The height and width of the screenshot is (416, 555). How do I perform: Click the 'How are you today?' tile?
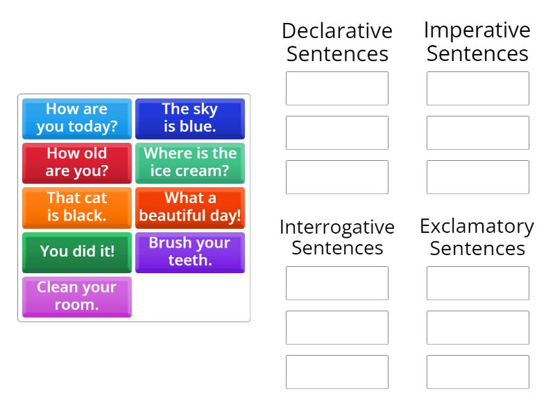coord(77,119)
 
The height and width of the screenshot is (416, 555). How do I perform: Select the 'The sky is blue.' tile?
coord(190,119)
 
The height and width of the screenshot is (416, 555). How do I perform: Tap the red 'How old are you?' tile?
coord(77,163)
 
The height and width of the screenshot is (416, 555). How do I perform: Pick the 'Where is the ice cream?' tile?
coord(190,163)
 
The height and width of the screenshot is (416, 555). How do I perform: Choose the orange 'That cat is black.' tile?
coord(77,207)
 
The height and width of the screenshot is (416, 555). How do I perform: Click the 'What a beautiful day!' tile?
coord(190,207)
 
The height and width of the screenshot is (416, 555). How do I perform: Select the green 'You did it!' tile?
coord(77,252)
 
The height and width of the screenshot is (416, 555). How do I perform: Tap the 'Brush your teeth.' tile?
coord(190,252)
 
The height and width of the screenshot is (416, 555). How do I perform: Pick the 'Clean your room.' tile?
coord(77,296)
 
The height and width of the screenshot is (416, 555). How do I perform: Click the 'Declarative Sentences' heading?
coord(337,42)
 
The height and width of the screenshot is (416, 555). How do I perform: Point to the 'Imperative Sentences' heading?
coord(477,42)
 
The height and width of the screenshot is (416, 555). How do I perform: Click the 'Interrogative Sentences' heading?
coord(337,237)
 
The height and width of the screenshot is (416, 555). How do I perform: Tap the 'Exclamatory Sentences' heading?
coord(477,237)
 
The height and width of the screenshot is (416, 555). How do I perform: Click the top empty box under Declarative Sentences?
coord(337,88)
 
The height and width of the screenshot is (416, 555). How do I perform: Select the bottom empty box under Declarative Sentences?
coord(337,177)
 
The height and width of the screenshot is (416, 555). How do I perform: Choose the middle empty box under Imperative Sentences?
coord(478,132)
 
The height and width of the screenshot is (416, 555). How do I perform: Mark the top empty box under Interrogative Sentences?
coord(337,283)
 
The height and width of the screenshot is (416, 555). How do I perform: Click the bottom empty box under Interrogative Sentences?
coord(337,372)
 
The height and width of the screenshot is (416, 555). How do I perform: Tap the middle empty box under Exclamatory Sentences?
coord(478,327)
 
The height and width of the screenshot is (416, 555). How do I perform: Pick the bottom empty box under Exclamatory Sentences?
coord(478,372)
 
